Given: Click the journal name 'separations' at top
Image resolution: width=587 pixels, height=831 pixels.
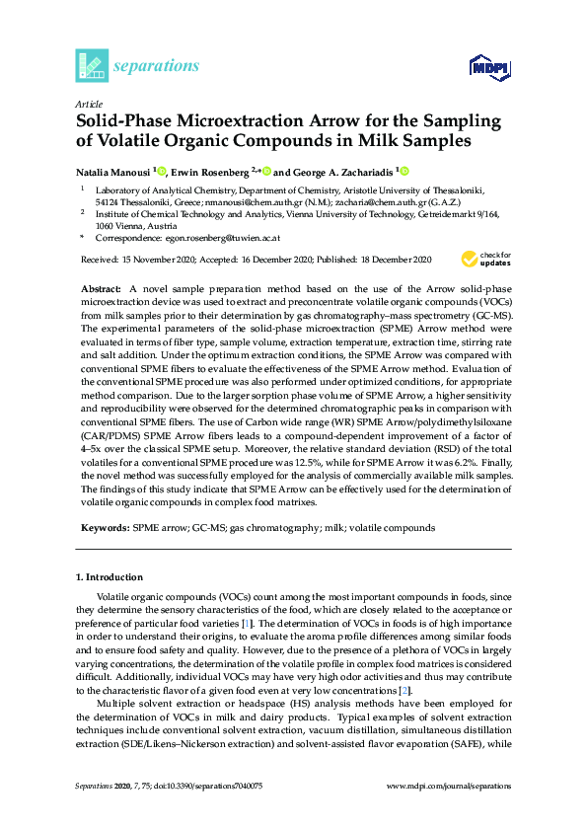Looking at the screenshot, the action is [157, 66].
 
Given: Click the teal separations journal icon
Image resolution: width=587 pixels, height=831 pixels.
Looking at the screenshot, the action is [92, 65].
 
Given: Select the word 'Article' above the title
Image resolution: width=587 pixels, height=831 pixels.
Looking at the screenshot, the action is [89, 103].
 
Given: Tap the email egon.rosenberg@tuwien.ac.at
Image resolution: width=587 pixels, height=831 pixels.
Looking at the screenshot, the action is [223, 238].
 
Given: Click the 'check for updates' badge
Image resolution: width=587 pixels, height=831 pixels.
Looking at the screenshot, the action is [485, 260].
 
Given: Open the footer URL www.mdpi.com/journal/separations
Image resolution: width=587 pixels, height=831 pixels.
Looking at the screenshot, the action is [450, 785].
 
